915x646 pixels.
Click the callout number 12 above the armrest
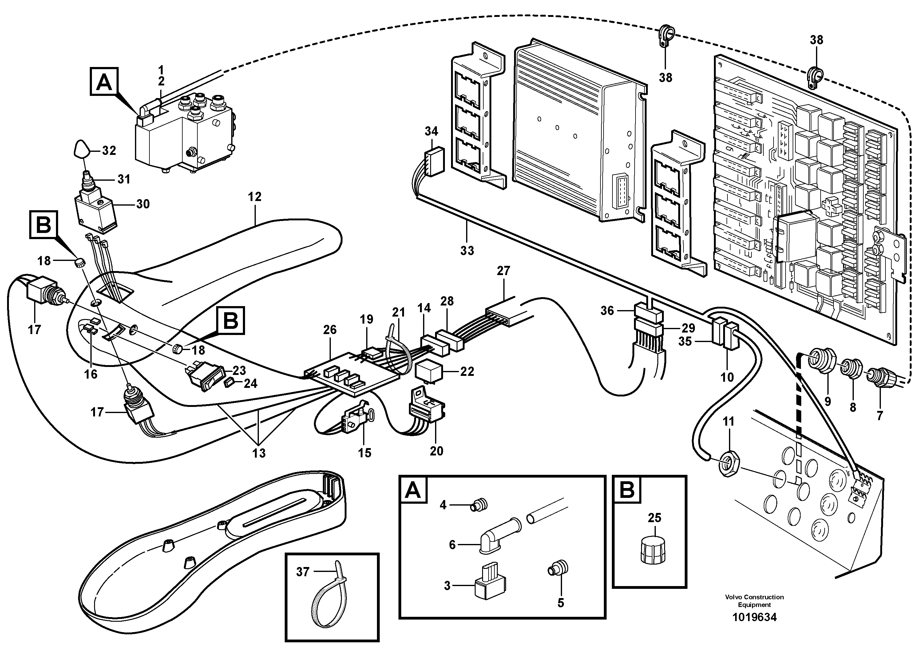coord(255,197)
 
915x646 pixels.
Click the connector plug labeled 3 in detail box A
coord(490,585)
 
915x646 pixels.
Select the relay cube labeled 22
coord(427,371)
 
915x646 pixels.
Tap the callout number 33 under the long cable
coord(467,250)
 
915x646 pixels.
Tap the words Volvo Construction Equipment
coord(755,601)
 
